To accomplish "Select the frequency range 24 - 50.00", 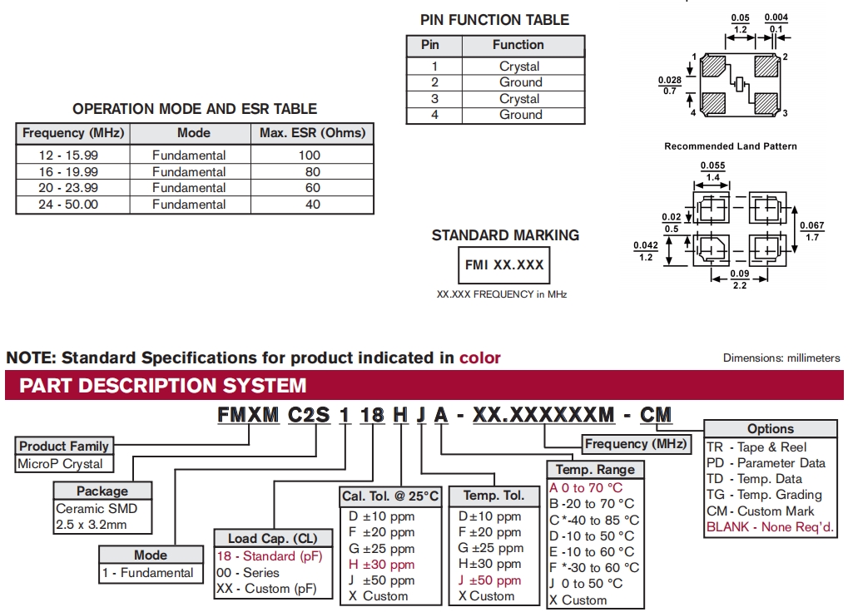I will (x=68, y=204).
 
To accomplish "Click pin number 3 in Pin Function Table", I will (x=434, y=99).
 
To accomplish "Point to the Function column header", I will (x=518, y=45).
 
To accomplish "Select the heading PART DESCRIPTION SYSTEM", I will (x=163, y=386).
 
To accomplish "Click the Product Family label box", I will (x=64, y=447).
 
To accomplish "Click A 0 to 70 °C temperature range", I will (x=585, y=487).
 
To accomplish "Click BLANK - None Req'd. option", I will (x=769, y=527).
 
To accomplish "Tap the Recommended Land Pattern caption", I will (x=730, y=146).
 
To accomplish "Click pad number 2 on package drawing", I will (x=785, y=57).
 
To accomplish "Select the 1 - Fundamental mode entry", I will (x=147, y=572).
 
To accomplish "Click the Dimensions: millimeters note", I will (x=781, y=358).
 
